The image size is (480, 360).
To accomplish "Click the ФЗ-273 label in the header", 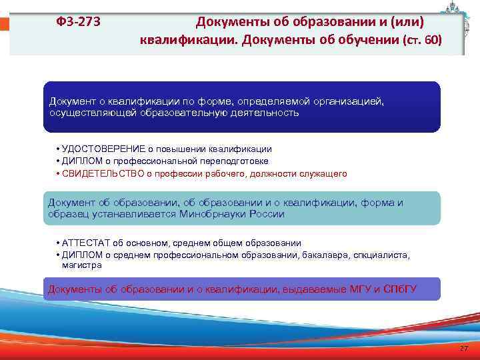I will [x=79, y=22].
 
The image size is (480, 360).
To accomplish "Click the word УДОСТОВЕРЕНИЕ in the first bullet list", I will [x=95, y=149].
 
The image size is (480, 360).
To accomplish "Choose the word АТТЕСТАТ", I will [x=83, y=243].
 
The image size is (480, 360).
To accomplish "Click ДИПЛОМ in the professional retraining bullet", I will [x=79, y=161].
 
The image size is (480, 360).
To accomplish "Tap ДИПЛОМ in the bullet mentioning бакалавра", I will [x=79, y=255].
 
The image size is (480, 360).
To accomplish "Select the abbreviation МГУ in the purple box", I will [x=360, y=289].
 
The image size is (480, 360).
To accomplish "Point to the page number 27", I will [x=464, y=350].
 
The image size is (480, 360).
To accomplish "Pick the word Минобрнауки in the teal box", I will [x=209, y=214].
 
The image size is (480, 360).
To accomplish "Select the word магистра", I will [x=82, y=265].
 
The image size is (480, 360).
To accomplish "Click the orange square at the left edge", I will [x=4, y=24].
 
